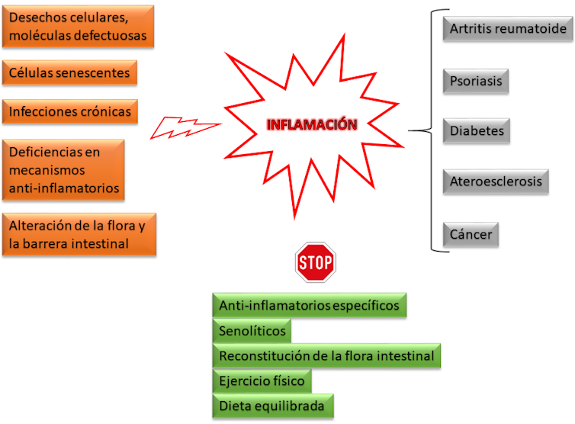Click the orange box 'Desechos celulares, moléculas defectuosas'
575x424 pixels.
point(78,27)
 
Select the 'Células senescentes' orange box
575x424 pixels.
point(69,73)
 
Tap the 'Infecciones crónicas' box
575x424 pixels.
point(70,112)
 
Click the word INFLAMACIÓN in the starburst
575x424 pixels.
point(312,125)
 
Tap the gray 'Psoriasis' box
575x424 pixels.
point(475,80)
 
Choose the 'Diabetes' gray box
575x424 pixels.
point(477,131)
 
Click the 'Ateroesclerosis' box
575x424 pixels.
point(496,181)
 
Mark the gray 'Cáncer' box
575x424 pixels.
point(471,234)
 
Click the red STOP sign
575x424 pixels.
point(315,263)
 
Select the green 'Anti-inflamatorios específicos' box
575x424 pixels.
point(309,306)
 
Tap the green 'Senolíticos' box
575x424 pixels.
point(252,331)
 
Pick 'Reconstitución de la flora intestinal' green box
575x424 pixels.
point(326,356)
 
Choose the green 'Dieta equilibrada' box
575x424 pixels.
point(272,406)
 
